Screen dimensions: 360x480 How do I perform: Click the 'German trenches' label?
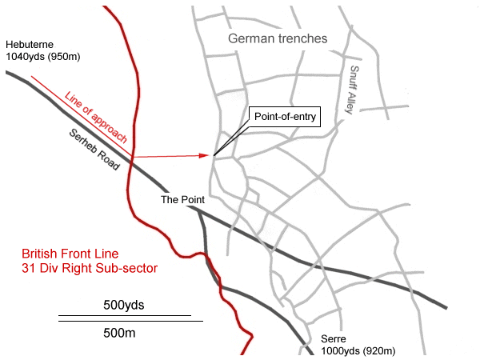(x=278, y=38)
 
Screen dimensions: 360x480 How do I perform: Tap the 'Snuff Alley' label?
(x=357, y=88)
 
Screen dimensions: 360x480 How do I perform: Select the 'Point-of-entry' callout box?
(x=286, y=116)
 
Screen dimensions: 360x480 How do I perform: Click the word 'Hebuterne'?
(x=30, y=46)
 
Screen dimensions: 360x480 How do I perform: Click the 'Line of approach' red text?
(x=96, y=117)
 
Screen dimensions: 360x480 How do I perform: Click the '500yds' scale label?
(x=124, y=305)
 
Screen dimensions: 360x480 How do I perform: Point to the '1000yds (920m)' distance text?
(x=357, y=351)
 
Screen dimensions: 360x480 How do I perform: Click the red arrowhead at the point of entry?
(x=209, y=155)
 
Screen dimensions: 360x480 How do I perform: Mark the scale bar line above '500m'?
(x=130, y=321)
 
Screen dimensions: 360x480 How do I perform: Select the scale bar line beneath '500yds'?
(x=124, y=315)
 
